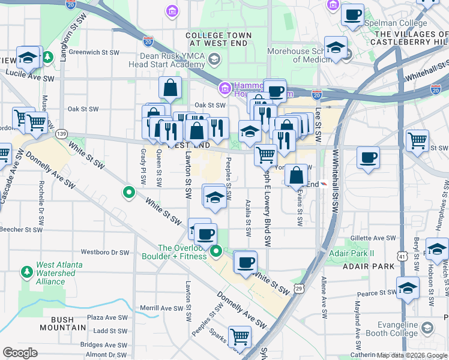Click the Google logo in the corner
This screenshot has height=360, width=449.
[20, 353]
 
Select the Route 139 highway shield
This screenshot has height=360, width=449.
[61, 134]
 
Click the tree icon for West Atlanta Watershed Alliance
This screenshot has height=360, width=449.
[26, 272]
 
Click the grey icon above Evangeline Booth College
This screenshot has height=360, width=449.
[427, 328]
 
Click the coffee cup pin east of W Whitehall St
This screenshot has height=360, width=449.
[368, 158]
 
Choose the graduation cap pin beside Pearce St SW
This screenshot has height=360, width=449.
[408, 288]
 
